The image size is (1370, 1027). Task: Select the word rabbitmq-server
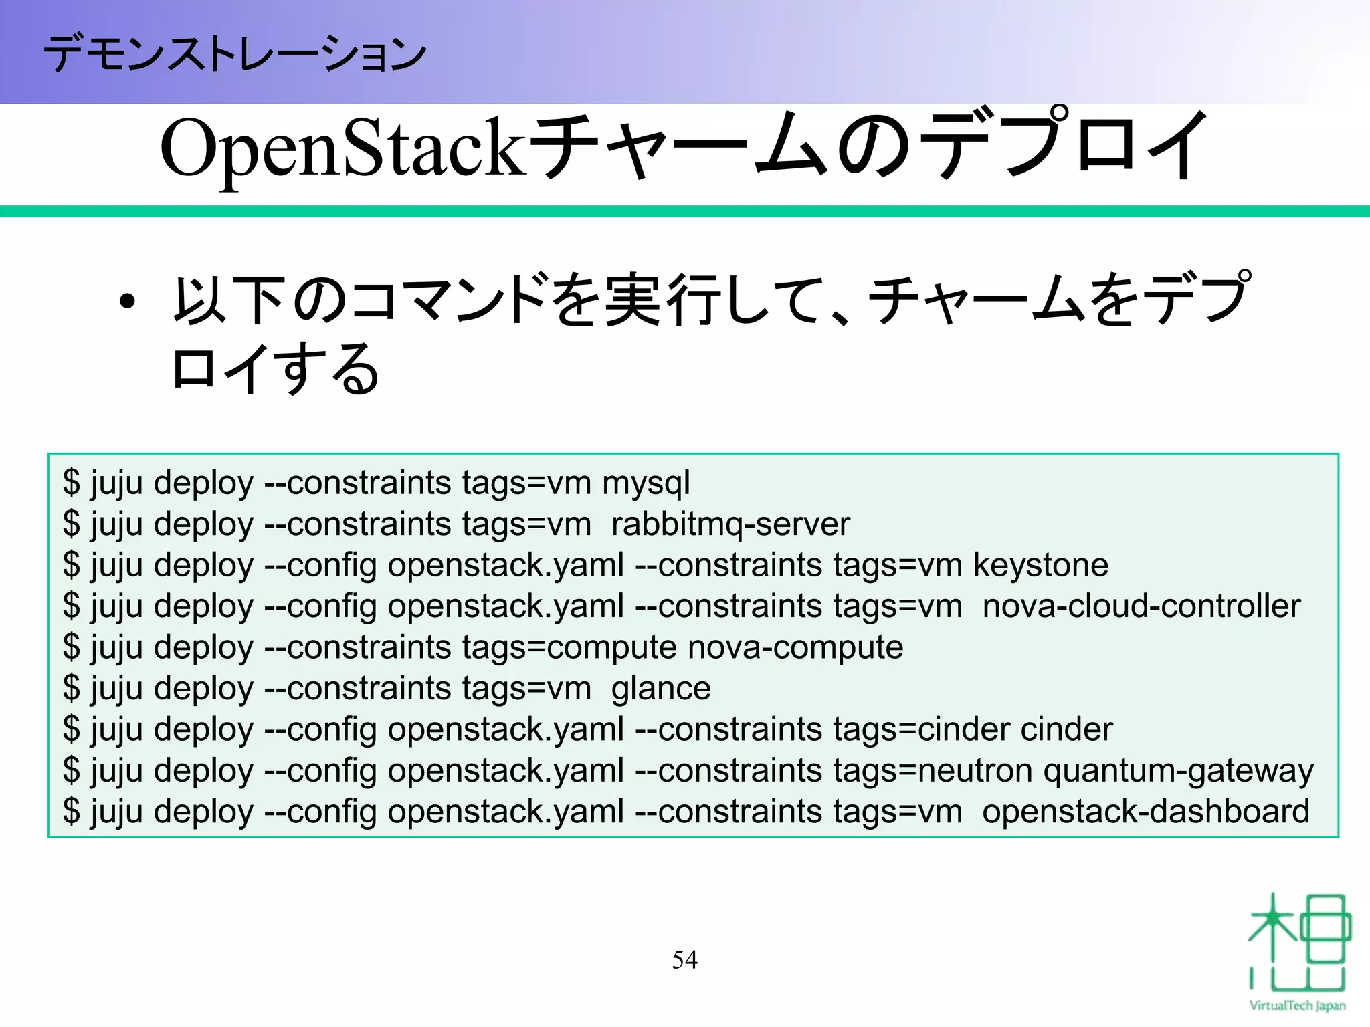tap(730, 524)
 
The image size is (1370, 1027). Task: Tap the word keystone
tap(1040, 566)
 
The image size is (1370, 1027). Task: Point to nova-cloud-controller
tap(1141, 606)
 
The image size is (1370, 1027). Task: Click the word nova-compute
tap(795, 648)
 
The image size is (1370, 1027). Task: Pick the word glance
tap(660, 689)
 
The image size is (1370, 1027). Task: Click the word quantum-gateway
tap(1178, 771)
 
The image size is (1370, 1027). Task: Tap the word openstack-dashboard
tap(1145, 812)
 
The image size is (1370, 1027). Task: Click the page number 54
tap(684, 960)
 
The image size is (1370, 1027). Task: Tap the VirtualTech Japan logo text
tap(1296, 1006)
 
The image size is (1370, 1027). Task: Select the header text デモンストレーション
tap(234, 53)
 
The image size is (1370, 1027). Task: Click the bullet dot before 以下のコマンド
tap(126, 302)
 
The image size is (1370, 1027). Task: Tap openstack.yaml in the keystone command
tap(506, 566)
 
